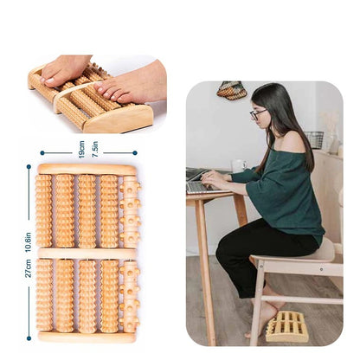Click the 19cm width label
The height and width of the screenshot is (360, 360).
pos(82,148)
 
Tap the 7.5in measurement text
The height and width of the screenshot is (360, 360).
pos(94,148)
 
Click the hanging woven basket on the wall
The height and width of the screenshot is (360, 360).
pos(230,90)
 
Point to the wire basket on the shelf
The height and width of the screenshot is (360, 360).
pos(314,139)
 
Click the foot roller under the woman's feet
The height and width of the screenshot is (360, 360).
pos(287,325)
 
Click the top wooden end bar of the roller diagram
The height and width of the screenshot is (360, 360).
pos(87,170)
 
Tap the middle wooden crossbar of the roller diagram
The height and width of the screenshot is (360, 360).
pos(87,254)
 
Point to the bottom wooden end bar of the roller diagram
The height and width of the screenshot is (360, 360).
pos(87,337)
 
